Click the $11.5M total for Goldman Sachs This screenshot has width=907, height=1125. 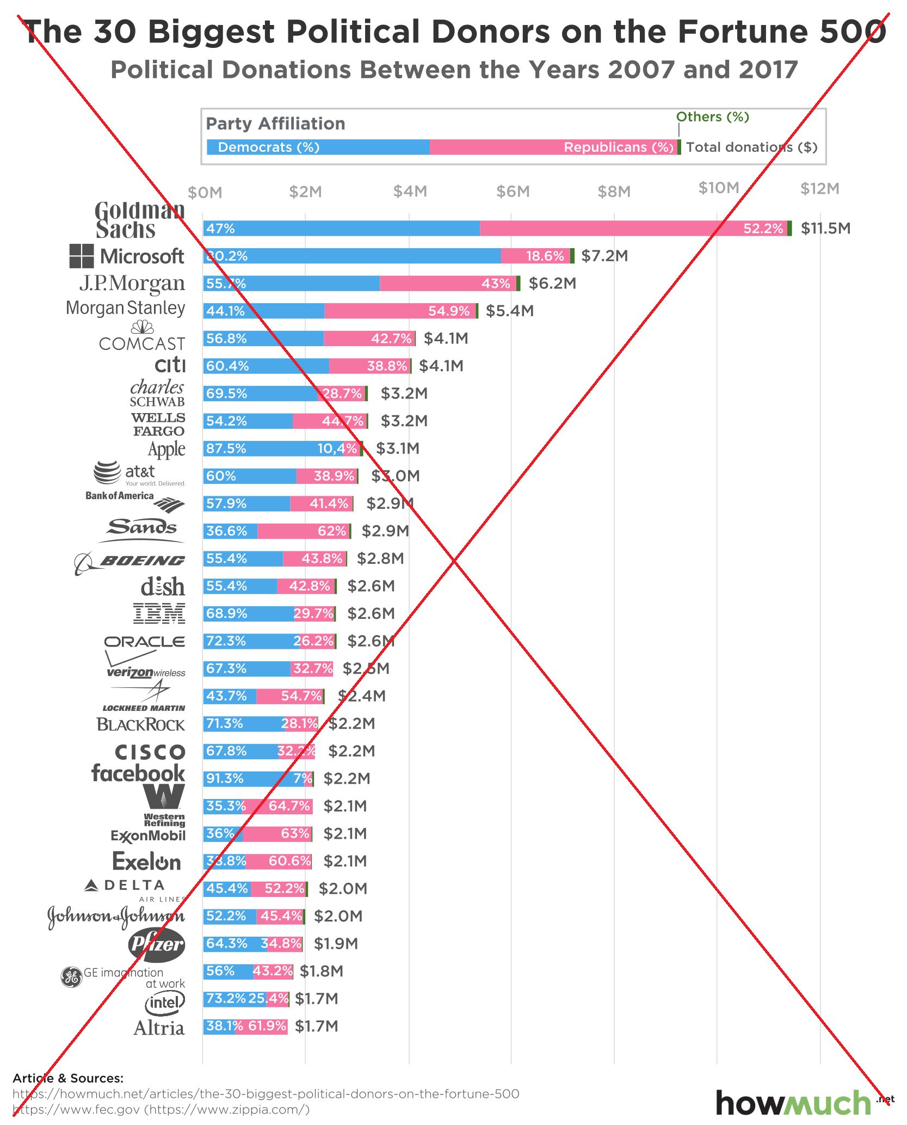(x=825, y=229)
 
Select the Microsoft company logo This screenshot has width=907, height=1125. (x=127, y=256)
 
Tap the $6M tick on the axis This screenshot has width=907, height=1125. (x=513, y=192)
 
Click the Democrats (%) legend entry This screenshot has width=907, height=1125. (x=268, y=147)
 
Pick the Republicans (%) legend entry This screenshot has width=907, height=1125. (x=618, y=147)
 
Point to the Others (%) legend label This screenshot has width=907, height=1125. (x=712, y=117)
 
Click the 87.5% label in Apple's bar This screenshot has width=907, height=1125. (x=226, y=448)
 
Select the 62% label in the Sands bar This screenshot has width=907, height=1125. (x=332, y=531)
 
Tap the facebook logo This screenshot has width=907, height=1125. (x=138, y=773)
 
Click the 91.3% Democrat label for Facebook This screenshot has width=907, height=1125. (x=225, y=779)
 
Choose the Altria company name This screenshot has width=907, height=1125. (x=159, y=1028)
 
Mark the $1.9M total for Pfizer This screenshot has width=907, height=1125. (x=336, y=944)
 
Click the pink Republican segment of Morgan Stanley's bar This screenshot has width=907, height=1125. (x=400, y=311)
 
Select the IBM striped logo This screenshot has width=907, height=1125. (x=159, y=613)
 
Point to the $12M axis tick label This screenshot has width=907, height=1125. (x=819, y=189)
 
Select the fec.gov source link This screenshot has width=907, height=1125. (x=76, y=1109)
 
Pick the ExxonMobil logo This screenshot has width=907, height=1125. (x=148, y=836)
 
